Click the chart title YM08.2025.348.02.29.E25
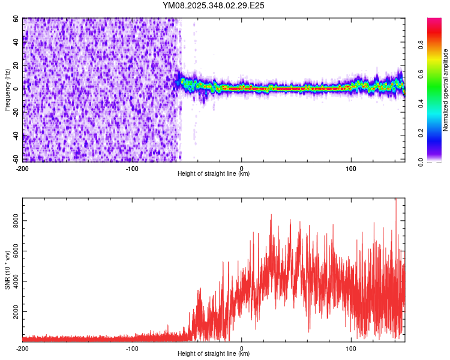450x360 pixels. point(214,5)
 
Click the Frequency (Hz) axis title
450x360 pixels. point(7,90)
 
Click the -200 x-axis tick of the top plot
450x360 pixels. point(23,168)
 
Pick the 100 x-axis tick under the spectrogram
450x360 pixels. point(350,168)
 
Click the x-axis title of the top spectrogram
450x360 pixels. point(214,174)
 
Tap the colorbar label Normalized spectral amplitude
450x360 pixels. point(445,90)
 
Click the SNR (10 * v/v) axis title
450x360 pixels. point(7,270)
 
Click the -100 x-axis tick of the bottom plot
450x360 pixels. point(132,348)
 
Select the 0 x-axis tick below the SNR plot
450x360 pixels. point(241,348)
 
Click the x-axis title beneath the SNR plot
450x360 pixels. point(214,354)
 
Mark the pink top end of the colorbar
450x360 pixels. point(434,21)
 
